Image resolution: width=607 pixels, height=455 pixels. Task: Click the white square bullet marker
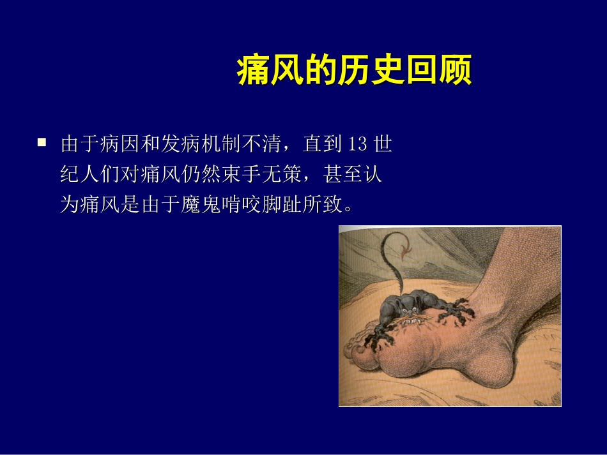tap(42, 143)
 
